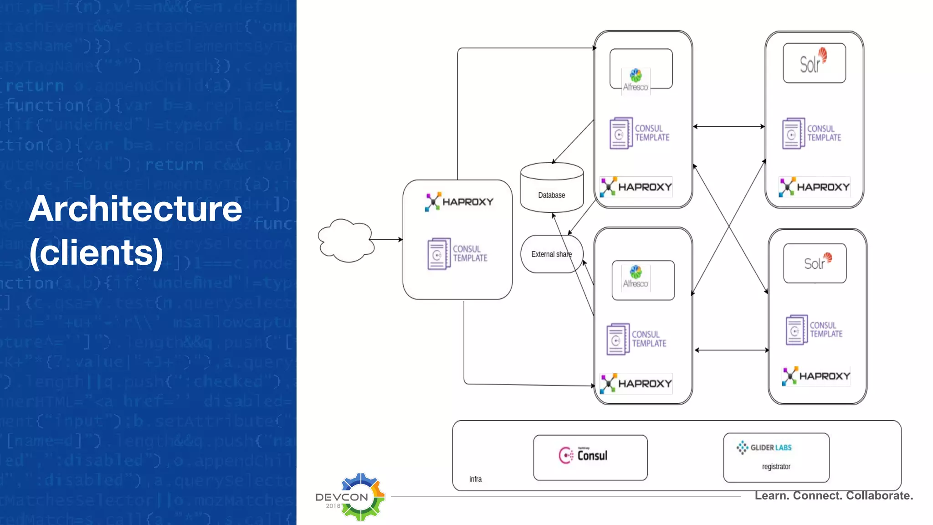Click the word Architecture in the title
tap(135, 209)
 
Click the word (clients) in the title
tap(96, 252)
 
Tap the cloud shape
tap(346, 240)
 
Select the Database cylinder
tap(552, 187)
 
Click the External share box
tap(551, 254)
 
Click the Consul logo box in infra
tap(590, 457)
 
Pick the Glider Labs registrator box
tap(776, 457)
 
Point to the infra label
tap(475, 479)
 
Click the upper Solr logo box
tap(814, 63)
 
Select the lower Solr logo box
tap(815, 263)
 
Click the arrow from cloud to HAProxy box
tap(386, 239)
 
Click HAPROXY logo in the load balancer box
tap(459, 201)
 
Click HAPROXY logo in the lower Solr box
tap(816, 376)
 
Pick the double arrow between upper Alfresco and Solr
tap(728, 126)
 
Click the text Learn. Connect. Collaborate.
tap(833, 495)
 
